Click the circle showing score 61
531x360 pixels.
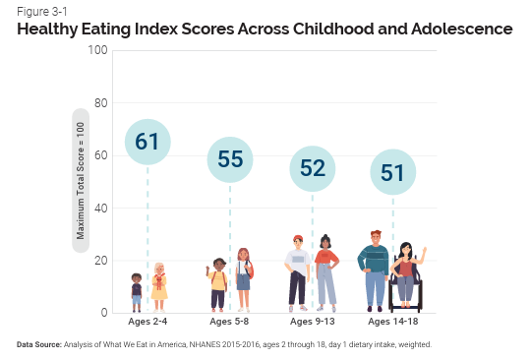tap(147, 143)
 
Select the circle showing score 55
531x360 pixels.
tap(230, 160)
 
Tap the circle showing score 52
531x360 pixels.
tap(313, 168)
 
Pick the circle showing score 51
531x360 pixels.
tap(393, 173)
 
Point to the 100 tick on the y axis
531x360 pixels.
tap(97, 50)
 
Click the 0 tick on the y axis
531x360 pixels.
tap(103, 313)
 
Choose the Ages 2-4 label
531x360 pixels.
tap(148, 323)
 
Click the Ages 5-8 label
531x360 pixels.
tap(230, 323)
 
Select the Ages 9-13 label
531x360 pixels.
tap(312, 323)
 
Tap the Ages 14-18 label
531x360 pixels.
tap(393, 323)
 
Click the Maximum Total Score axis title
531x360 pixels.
tap(81, 181)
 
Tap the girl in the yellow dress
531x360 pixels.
tap(158, 281)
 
